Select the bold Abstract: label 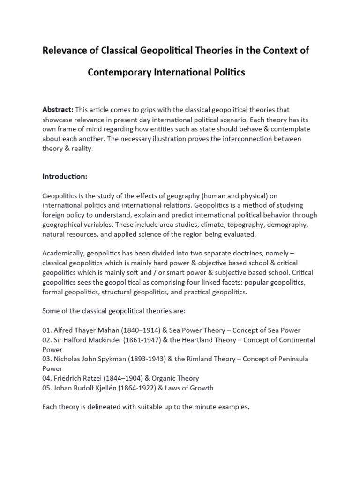click(x=58, y=110)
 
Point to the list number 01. click(x=47, y=330)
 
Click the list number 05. click(x=47, y=388)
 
